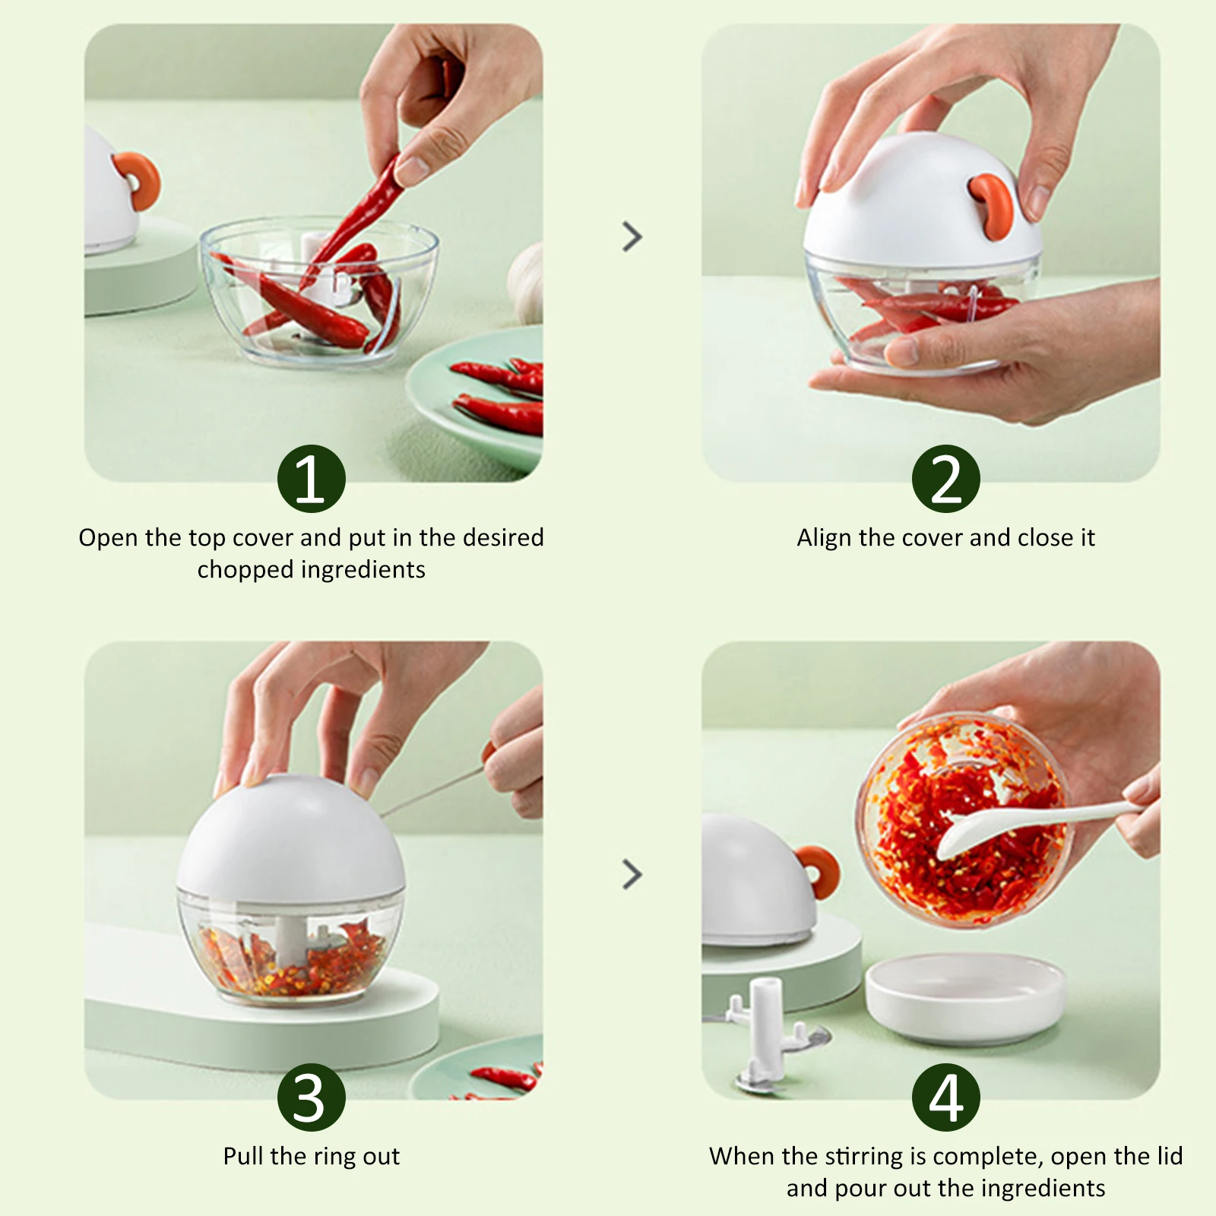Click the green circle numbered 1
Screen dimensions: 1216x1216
[312, 479]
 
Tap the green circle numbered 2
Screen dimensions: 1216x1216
[946, 479]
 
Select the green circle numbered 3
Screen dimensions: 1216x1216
[312, 1097]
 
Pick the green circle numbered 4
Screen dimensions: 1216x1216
[946, 1097]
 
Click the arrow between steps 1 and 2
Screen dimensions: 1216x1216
[632, 236]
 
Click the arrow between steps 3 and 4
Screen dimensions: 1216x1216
[632, 874]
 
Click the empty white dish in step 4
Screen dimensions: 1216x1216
[965, 997]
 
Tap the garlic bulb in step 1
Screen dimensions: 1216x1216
[526, 283]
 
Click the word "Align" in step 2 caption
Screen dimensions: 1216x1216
[825, 538]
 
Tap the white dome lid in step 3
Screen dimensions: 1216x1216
[291, 834]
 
